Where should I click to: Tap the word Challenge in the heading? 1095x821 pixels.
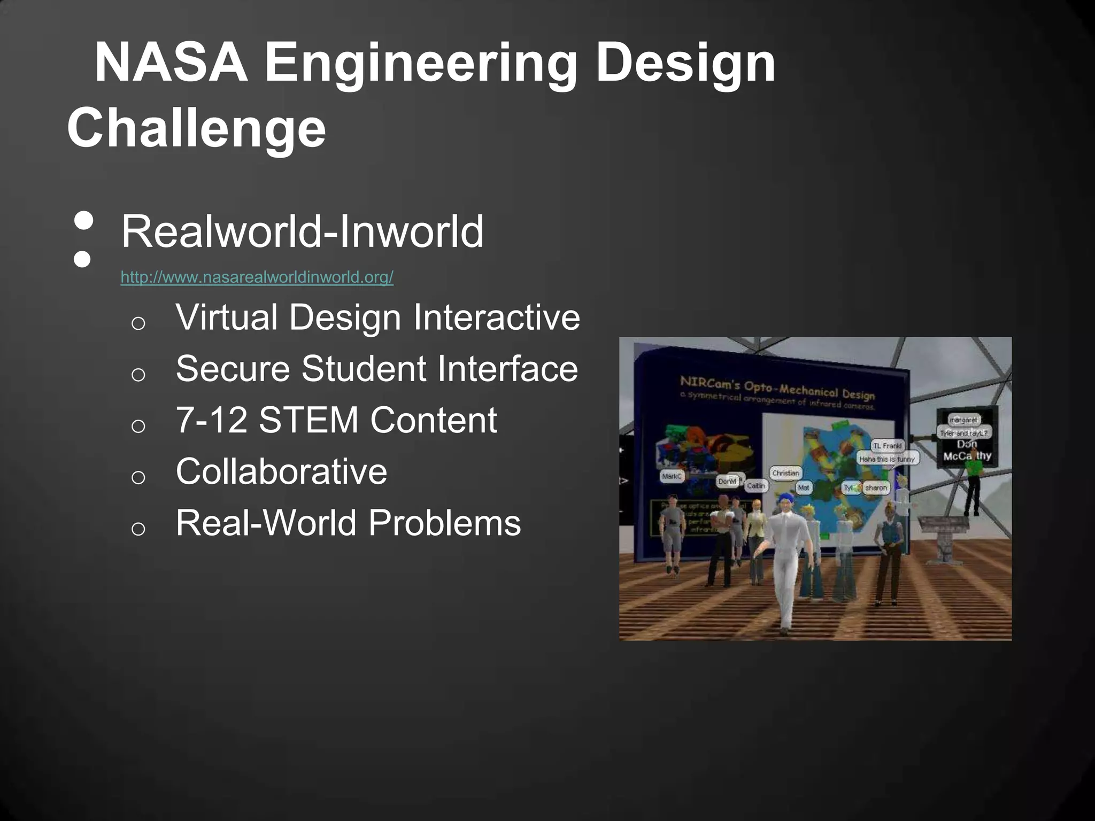point(196,128)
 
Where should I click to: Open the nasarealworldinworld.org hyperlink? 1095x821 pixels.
point(257,277)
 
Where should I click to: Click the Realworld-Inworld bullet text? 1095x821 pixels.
point(302,231)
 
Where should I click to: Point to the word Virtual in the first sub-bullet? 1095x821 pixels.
point(227,317)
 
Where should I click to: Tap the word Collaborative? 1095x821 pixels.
point(281,471)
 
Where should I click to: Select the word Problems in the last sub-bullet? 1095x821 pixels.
point(444,523)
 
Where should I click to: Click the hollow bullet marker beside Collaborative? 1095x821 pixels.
point(138,477)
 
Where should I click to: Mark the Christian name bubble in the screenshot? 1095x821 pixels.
point(785,473)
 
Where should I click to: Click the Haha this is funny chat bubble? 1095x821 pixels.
point(887,459)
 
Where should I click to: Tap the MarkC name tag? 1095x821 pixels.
point(672,476)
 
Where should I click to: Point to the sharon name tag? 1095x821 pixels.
point(876,487)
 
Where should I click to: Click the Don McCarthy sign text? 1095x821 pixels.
point(967,450)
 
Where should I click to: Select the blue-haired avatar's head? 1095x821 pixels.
point(785,502)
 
